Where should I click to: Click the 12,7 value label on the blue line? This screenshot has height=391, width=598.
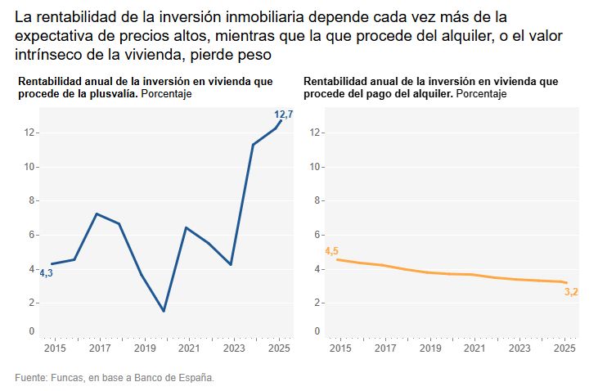(x=283, y=115)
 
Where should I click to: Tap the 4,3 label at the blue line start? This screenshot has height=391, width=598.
(x=46, y=273)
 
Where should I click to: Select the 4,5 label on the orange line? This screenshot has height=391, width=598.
(x=332, y=251)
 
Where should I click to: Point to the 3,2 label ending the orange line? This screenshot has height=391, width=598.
(x=572, y=292)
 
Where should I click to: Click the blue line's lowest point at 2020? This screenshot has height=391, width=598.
(x=164, y=311)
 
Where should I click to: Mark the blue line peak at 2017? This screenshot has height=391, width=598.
(x=97, y=214)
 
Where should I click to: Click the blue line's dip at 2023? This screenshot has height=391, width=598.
(x=232, y=264)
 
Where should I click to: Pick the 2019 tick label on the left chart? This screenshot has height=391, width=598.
(x=144, y=348)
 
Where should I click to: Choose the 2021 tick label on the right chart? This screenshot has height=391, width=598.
(x=474, y=348)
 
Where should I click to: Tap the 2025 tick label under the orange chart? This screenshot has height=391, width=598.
(x=564, y=348)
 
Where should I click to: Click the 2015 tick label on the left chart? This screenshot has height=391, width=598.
(x=54, y=348)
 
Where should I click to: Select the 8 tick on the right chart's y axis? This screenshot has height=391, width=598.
(x=317, y=200)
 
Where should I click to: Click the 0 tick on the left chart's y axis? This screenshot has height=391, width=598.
(x=31, y=331)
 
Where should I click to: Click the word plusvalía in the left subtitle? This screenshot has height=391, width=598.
(x=113, y=94)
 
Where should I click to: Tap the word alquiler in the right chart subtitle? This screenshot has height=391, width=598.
(x=429, y=94)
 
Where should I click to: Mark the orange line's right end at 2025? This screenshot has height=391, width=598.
(x=564, y=283)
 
